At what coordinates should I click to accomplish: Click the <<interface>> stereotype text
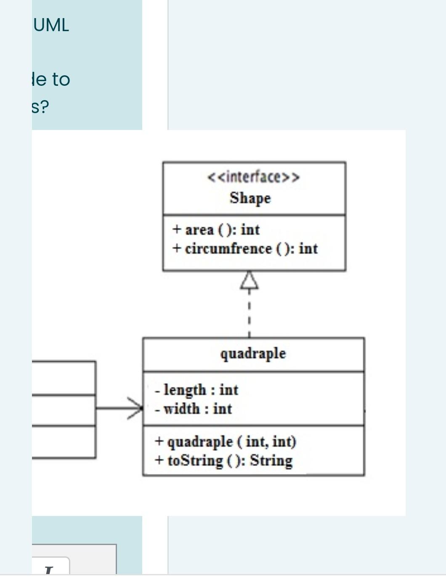point(254,177)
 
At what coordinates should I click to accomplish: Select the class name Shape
point(250,198)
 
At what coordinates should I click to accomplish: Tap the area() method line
point(216,230)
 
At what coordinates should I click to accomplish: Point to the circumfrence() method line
point(245,249)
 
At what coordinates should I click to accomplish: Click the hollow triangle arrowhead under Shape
point(250,280)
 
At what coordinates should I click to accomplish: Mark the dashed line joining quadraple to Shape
point(250,315)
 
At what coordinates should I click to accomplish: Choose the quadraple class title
point(253,354)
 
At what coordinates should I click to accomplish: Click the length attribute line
point(196,390)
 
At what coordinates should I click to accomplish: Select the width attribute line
point(194,409)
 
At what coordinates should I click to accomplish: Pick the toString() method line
point(224,461)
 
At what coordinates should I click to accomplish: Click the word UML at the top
point(51,25)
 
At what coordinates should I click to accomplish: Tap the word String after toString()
point(271,461)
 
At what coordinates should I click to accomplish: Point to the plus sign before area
point(177,230)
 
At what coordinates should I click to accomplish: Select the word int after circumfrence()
point(308,249)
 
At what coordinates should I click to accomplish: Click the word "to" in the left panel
point(61,79)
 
